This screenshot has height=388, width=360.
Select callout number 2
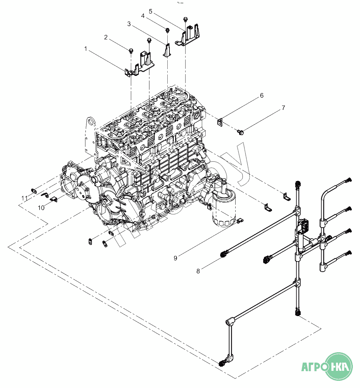click(106, 37)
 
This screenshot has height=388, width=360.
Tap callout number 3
click(129, 24)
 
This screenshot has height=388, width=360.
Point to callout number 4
click(143, 16)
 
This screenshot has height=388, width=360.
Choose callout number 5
click(151, 11)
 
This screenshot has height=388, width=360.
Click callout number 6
click(262, 96)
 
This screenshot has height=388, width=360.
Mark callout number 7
click(283, 108)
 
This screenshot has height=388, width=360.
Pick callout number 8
click(198, 271)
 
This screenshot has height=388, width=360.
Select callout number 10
click(41, 208)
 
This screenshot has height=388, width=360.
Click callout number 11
click(24, 198)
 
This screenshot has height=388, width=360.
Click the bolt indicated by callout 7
click(241, 132)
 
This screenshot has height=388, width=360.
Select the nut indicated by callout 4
click(167, 29)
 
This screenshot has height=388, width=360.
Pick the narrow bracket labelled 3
click(167, 50)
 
